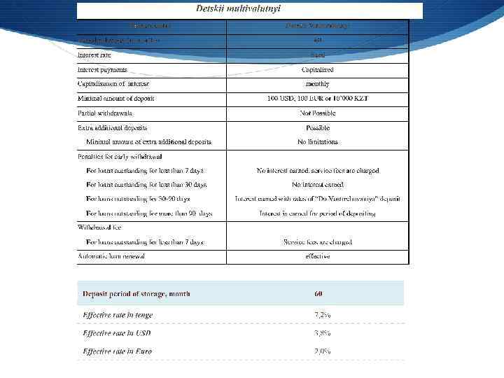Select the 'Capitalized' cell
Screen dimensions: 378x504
point(317,70)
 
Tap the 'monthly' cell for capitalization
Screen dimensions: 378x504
point(317,84)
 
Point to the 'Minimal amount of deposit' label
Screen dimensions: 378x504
point(116,99)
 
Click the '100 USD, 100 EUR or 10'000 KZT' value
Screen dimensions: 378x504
point(317,99)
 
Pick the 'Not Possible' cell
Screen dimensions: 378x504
point(317,113)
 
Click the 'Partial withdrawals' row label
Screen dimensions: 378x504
point(105,113)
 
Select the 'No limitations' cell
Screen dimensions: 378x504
point(317,142)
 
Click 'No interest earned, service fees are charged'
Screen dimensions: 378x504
point(317,170)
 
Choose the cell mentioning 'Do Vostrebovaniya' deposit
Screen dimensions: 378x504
point(317,199)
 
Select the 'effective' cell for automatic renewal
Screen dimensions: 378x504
point(317,256)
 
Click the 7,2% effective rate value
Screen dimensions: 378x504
point(322,315)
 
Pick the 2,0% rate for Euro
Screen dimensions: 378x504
point(322,351)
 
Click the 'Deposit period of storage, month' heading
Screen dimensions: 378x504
point(136,294)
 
